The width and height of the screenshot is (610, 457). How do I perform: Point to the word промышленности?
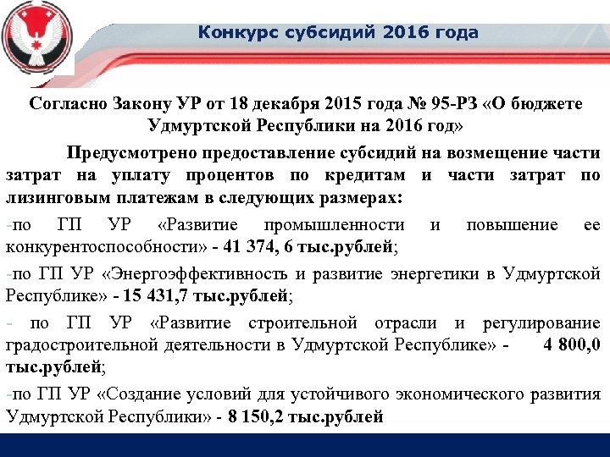pos(334,225)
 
